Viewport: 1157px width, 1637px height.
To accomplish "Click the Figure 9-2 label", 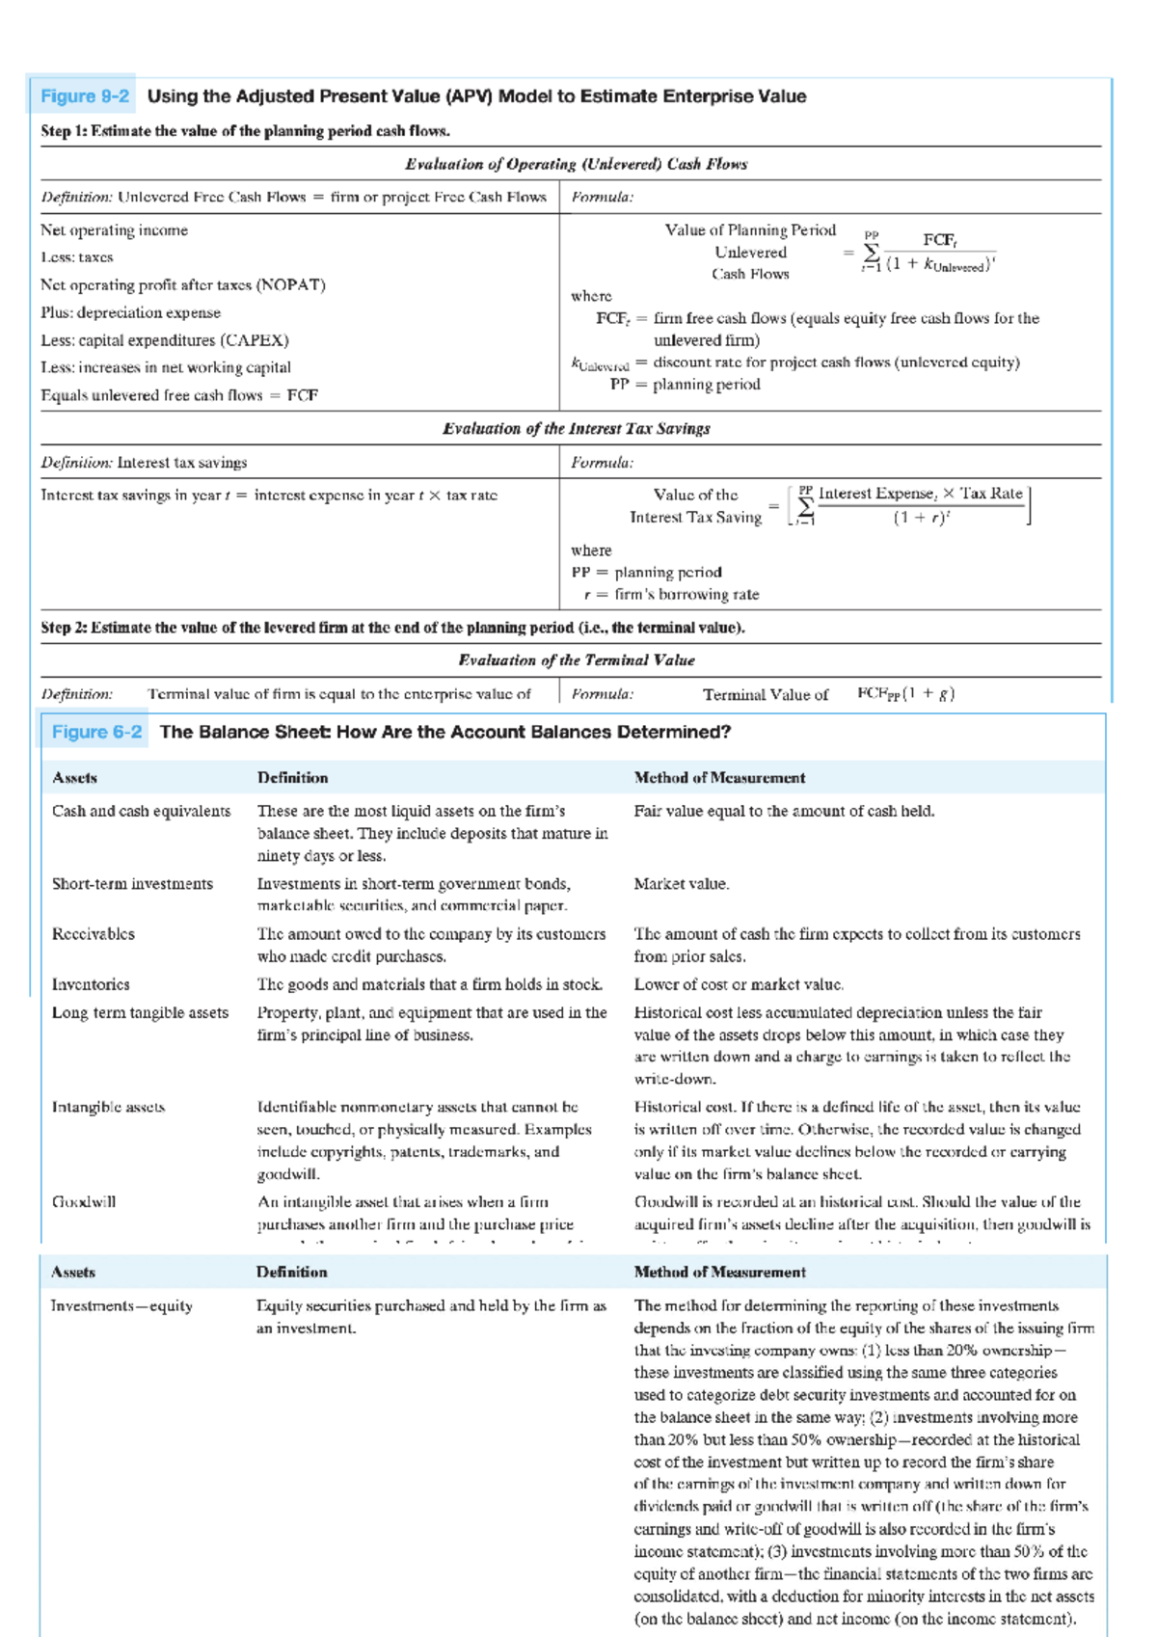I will click(84, 96).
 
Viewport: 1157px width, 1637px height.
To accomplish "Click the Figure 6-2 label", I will click(96, 732).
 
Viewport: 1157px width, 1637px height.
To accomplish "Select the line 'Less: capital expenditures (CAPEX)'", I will click(164, 340).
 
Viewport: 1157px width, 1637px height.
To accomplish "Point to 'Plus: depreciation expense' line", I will click(130, 312).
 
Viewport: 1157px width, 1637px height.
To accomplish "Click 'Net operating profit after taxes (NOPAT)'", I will click(182, 285).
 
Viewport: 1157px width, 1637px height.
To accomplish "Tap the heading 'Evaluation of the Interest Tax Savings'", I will click(576, 429).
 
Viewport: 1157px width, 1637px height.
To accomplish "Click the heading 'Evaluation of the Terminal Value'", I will click(576, 660).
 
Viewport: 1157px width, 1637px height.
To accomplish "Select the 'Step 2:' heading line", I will click(392, 628).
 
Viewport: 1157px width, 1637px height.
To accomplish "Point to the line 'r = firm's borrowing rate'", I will click(671, 595).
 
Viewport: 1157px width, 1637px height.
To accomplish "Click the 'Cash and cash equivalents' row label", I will click(141, 812).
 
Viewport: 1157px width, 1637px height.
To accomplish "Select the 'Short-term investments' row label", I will click(132, 884).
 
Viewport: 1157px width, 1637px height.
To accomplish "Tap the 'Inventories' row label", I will click(91, 985).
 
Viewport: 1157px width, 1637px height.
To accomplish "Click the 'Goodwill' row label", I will click(84, 1202).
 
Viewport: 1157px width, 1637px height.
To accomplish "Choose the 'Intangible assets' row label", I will click(108, 1108).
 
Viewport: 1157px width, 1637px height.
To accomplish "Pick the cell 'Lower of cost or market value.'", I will click(739, 985).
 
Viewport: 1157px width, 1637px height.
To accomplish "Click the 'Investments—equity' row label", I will click(121, 1306).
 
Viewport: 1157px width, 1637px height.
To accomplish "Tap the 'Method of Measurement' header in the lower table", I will click(719, 1273).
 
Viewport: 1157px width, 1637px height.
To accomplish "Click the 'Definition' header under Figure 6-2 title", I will click(292, 778).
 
